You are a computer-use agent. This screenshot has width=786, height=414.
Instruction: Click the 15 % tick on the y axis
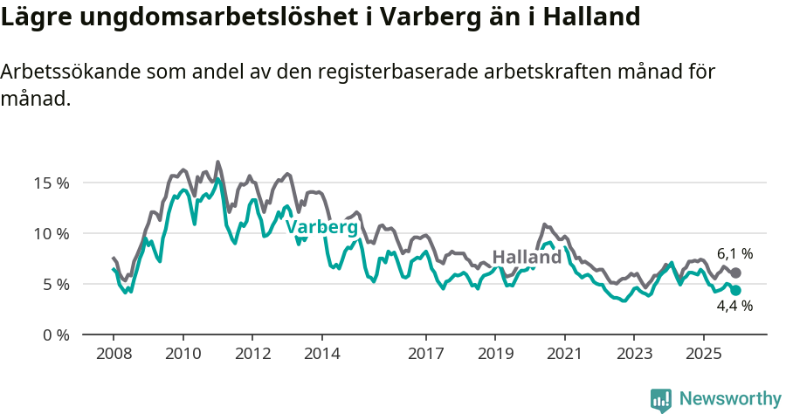click(x=51, y=183)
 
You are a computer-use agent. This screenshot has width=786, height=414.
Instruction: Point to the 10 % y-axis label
click(x=51, y=233)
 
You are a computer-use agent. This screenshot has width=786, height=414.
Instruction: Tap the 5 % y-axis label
click(x=54, y=284)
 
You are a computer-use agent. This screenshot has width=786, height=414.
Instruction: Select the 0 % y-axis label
click(x=54, y=335)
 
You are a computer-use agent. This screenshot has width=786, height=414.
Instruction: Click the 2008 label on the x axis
click(x=114, y=353)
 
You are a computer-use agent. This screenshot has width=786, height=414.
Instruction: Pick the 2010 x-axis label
click(x=183, y=353)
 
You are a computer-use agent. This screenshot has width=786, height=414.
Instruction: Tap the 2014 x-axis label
click(x=321, y=353)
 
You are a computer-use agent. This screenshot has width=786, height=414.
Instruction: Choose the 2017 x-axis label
click(x=425, y=353)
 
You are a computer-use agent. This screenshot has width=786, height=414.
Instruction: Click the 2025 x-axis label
click(x=703, y=353)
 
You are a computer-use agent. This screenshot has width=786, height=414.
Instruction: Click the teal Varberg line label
click(x=321, y=228)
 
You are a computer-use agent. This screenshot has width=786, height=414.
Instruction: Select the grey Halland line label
click(x=527, y=258)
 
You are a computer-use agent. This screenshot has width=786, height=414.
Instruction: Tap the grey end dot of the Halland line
click(x=735, y=273)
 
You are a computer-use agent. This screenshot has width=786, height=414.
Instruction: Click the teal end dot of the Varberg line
click(x=735, y=290)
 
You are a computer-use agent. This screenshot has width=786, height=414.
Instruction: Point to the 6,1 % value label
click(x=734, y=254)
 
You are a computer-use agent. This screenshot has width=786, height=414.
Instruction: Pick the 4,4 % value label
click(x=734, y=307)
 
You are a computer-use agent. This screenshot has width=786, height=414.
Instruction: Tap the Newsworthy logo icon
click(x=661, y=399)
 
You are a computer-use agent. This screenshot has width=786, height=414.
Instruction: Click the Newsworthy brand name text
click(x=730, y=399)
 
